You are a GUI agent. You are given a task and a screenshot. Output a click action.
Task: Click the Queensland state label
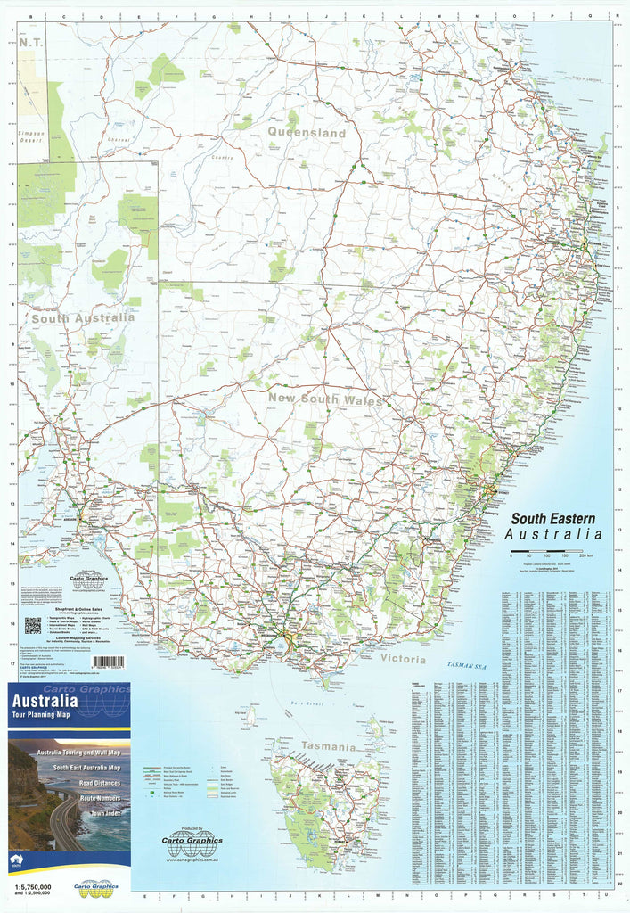(x=306, y=133)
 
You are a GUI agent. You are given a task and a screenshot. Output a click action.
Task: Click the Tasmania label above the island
(x=328, y=745)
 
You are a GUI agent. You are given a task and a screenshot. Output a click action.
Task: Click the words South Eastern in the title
(x=553, y=519)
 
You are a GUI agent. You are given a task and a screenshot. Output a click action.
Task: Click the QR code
(x=32, y=624)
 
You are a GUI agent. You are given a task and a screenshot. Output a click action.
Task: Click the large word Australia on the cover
(x=45, y=701)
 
